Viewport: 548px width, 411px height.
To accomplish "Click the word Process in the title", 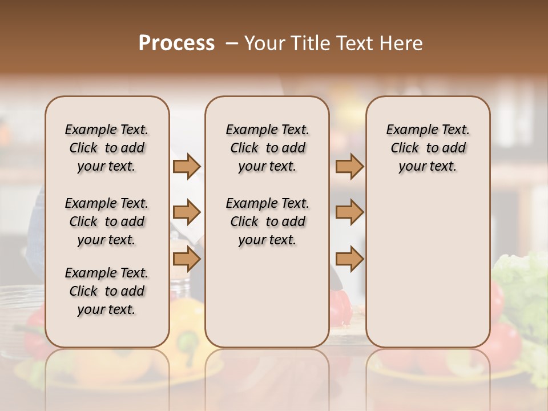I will pos(176,43).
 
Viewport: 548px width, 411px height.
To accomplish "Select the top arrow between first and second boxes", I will pos(187,167).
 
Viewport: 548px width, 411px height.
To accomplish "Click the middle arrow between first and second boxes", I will pos(187,213).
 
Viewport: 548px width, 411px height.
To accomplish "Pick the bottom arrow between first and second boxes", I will pos(187,260).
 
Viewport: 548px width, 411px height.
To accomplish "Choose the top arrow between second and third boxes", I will pos(349,167).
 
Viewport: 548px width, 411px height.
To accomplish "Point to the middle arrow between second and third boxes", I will pos(349,213).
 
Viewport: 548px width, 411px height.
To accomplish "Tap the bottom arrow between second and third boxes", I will pos(349,260).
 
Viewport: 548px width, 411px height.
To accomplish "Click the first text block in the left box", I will pos(107,148).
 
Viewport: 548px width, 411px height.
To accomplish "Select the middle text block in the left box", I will pos(107,221).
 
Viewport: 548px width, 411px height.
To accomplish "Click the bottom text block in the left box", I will pos(107,291).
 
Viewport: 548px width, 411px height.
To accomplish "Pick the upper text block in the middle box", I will pos(267,148).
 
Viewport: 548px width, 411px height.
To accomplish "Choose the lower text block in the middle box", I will pos(267,221).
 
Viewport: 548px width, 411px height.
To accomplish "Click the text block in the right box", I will pos(428,148).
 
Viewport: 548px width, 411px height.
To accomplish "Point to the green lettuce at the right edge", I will pos(522,280).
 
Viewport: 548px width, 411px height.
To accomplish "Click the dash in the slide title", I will pos(232,43).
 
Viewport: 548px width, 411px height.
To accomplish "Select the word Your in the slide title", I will pos(265,43).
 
